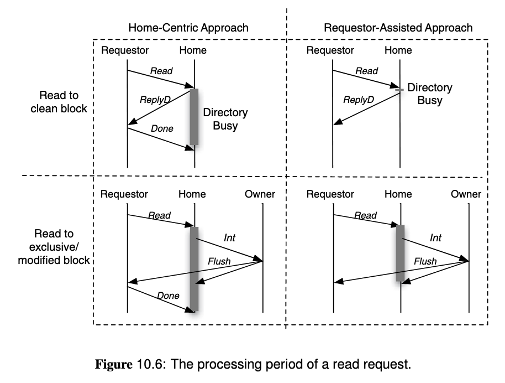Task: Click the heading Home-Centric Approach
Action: pyautogui.click(x=188, y=28)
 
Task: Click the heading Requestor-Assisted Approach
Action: pyautogui.click(x=398, y=28)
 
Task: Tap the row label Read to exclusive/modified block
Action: pyautogui.click(x=54, y=247)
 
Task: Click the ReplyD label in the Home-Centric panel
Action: pyautogui.click(x=154, y=100)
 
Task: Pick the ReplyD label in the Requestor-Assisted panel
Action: pyautogui.click(x=359, y=100)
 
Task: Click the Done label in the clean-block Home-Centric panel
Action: pyautogui.click(x=162, y=128)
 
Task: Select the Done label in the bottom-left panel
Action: pyautogui.click(x=168, y=296)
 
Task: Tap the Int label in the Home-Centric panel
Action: pyautogui.click(x=229, y=237)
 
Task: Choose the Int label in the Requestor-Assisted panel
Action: pyautogui.click(x=435, y=237)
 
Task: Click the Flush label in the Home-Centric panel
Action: pyautogui.click(x=219, y=261)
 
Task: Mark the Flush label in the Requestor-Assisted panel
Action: pyautogui.click(x=425, y=261)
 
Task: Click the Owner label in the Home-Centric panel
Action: pyautogui.click(x=260, y=194)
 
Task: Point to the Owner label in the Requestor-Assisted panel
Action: pyautogui.click(x=466, y=194)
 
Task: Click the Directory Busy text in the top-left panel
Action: pyautogui.click(x=225, y=119)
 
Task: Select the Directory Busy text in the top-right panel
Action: pyautogui.click(x=430, y=94)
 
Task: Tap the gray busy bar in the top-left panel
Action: pyautogui.click(x=194, y=116)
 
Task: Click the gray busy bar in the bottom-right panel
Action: pyautogui.click(x=400, y=253)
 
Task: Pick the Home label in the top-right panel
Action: pyautogui.click(x=398, y=50)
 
